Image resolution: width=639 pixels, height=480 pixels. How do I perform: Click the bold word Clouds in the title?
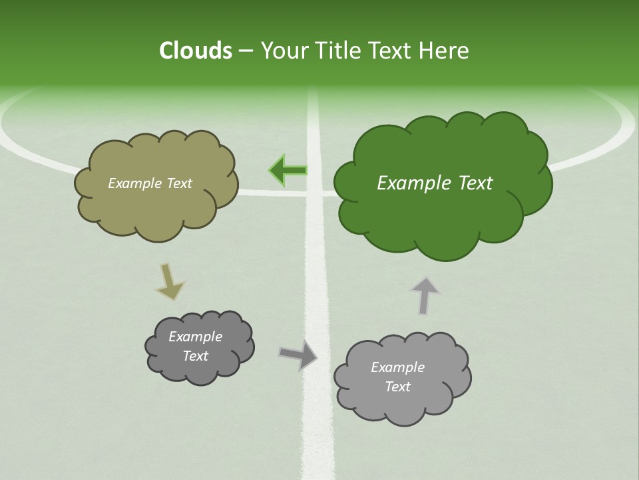(x=196, y=51)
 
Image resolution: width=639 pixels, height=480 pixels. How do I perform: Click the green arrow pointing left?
(x=288, y=171)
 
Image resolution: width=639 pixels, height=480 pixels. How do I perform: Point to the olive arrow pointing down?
(x=169, y=281)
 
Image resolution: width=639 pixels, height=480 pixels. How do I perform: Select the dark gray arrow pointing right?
(x=298, y=355)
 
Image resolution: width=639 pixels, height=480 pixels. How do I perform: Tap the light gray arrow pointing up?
(x=424, y=295)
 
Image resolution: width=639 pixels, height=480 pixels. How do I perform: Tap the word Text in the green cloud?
(x=474, y=183)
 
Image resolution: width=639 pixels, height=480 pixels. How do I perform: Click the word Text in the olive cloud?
(x=180, y=183)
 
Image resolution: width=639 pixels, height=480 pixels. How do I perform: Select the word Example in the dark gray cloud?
(x=195, y=337)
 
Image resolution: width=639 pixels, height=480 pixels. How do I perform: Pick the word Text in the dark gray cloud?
(x=195, y=356)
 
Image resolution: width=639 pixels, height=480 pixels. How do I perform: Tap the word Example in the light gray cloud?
(x=397, y=367)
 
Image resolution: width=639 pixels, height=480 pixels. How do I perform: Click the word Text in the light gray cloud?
(x=397, y=387)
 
